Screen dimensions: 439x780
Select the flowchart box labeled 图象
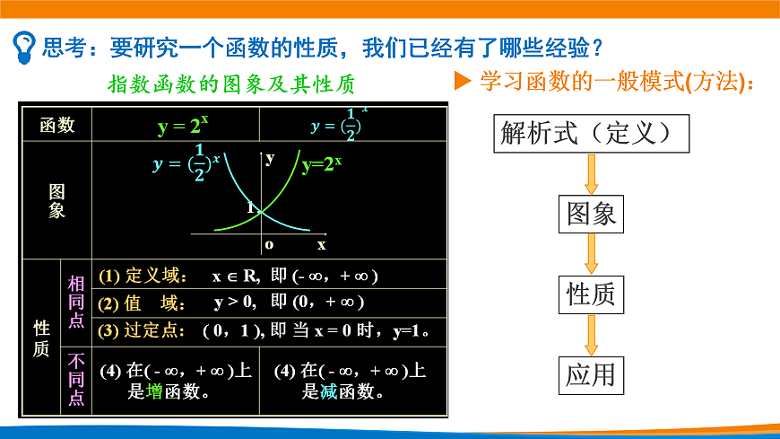pyautogui.click(x=592, y=213)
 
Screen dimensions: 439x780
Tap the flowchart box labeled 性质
pyautogui.click(x=592, y=293)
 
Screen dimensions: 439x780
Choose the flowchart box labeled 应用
pyautogui.click(x=592, y=373)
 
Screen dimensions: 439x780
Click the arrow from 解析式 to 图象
pyautogui.click(x=592, y=173)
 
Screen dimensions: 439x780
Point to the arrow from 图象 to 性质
pyautogui.click(x=592, y=253)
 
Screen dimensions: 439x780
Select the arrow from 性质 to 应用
pyautogui.click(x=592, y=333)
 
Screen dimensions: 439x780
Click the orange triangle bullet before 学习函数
pyautogui.click(x=463, y=82)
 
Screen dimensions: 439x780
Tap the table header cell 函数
pyautogui.click(x=57, y=126)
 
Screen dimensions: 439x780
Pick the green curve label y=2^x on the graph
pyautogui.click(x=322, y=164)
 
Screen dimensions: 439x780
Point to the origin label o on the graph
pyautogui.click(x=269, y=244)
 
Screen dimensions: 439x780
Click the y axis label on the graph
pyautogui.click(x=270, y=157)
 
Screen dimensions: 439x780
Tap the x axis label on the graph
pyautogui.click(x=321, y=244)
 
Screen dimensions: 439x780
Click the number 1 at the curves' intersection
pyautogui.click(x=251, y=207)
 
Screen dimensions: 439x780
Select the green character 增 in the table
pyautogui.click(x=155, y=391)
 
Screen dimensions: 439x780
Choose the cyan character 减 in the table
pyautogui.click(x=329, y=391)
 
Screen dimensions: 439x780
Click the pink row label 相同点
pyautogui.click(x=76, y=302)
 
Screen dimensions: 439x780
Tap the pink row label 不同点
pyautogui.click(x=76, y=380)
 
